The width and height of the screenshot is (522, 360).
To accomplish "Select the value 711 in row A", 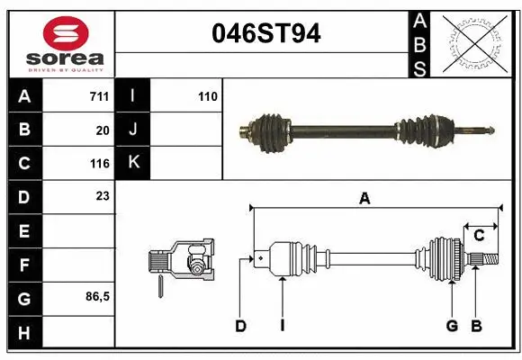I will (x=99, y=96).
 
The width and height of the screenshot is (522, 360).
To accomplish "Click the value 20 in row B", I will (x=103, y=130).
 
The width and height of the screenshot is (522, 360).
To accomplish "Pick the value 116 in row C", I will (x=99, y=164).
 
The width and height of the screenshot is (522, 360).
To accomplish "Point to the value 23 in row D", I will (x=103, y=195).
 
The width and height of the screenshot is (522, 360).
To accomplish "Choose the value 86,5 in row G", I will (x=97, y=296).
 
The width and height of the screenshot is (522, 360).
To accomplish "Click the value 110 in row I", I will (x=208, y=96).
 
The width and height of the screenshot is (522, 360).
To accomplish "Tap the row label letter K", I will (x=133, y=163).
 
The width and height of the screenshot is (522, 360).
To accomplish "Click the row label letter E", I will (x=23, y=230).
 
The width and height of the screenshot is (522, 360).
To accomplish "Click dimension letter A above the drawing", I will (x=364, y=199).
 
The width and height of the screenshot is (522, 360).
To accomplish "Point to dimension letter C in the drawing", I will (x=479, y=236).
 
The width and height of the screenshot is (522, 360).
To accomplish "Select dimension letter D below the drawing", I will (x=240, y=326).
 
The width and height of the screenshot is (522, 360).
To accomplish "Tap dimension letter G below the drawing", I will (x=452, y=326).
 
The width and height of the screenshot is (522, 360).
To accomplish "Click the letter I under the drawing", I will (x=282, y=326).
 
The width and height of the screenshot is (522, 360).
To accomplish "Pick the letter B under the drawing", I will (x=477, y=326).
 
